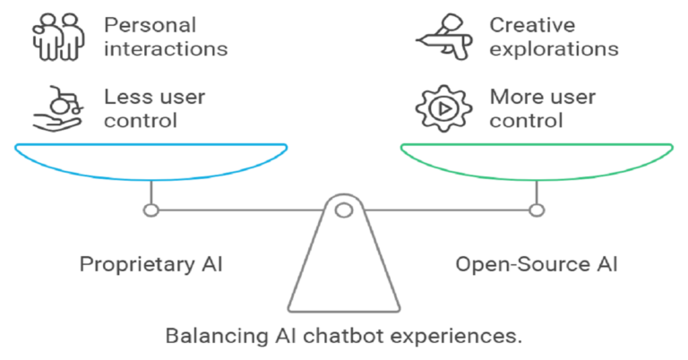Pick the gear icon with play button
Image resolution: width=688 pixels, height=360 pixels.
click(x=443, y=107)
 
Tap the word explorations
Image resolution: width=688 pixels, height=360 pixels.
click(x=554, y=47)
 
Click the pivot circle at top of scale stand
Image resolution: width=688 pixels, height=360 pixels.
click(x=344, y=210)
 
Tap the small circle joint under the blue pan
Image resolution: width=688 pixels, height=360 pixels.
click(x=151, y=210)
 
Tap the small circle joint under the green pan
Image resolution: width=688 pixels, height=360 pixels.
click(x=536, y=210)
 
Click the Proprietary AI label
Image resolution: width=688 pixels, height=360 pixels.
click(x=151, y=264)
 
